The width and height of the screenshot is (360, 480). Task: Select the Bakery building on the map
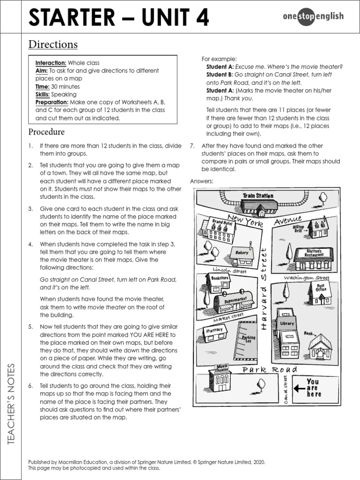(x=242, y=254)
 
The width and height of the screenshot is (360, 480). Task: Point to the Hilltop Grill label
(x=299, y=228)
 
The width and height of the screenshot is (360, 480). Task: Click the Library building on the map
(x=287, y=333)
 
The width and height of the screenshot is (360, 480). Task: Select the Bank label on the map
(x=308, y=333)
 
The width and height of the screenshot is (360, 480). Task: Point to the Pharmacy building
(x=215, y=332)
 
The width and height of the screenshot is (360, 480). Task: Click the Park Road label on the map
(x=270, y=370)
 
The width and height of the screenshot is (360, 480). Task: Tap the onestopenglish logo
(x=313, y=17)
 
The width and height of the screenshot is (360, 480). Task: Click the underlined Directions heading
(x=53, y=45)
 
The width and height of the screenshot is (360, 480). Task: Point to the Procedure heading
(x=46, y=132)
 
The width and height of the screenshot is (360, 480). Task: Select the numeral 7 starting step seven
(x=192, y=146)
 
